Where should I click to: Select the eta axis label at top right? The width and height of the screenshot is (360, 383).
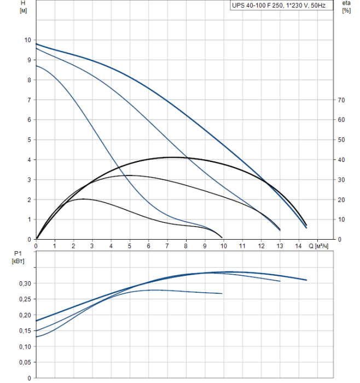[346, 7]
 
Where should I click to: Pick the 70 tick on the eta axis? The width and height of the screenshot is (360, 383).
[341, 100]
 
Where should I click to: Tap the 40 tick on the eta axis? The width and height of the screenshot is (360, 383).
[341, 160]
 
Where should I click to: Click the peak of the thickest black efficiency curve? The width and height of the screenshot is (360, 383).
[172, 157]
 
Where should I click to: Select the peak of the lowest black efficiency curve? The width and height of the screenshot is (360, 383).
[83, 199]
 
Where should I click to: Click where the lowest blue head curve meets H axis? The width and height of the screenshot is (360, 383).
[36, 66]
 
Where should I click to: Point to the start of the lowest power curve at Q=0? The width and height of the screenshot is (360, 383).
[36, 337]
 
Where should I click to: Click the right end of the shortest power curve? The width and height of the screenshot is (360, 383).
[222, 294]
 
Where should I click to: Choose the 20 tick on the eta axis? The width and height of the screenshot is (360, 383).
[341, 200]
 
